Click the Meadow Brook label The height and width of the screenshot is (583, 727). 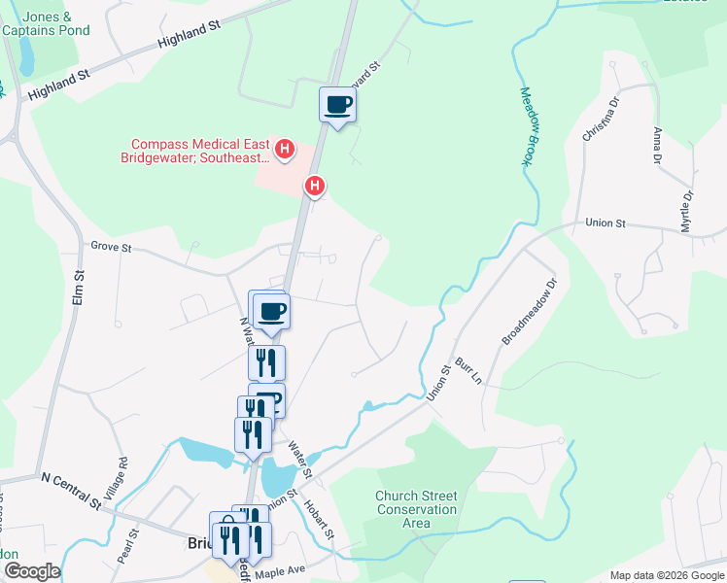(529, 127)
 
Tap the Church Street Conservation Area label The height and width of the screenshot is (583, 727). (416, 509)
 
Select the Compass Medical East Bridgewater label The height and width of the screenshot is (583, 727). (194, 151)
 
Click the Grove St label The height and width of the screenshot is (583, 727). (110, 249)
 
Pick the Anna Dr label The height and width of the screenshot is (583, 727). (658, 145)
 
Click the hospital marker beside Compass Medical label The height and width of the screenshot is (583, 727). (285, 149)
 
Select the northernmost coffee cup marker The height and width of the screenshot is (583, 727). (337, 104)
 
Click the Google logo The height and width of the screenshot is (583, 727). (31, 571)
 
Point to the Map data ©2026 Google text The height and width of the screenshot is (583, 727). (666, 575)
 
